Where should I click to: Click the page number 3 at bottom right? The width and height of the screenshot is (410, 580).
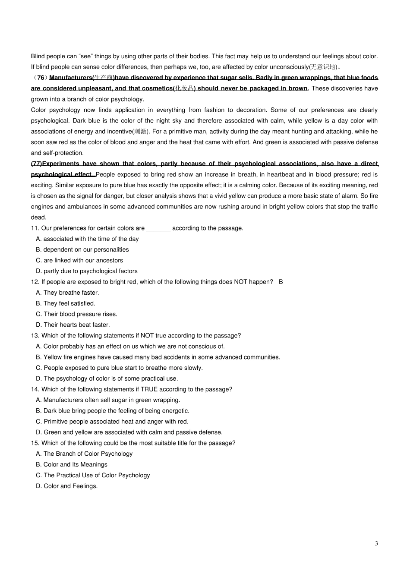pos(376,543)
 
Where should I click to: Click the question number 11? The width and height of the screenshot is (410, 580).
pos(35,228)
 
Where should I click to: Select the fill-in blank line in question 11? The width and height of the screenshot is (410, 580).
pos(158,228)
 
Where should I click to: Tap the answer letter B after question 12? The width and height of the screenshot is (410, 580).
pos(281,282)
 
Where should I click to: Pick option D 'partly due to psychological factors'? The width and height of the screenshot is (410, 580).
pos(87,271)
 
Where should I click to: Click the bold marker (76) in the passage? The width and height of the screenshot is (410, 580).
pos(41,78)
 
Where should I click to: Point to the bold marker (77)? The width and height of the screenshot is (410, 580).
pos(37,164)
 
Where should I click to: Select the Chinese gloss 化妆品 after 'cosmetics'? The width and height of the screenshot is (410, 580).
pos(184,88)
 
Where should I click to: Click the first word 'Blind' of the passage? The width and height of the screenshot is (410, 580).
pos(38,56)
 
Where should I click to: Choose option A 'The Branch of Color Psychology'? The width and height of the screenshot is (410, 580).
pos(84,454)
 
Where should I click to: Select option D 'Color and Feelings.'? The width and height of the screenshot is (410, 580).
pos(67,486)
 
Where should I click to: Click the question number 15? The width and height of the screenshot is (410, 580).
pos(35,443)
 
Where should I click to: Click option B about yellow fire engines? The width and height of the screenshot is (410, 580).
pos(158,357)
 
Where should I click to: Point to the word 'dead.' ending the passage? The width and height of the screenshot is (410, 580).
pos(38,217)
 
